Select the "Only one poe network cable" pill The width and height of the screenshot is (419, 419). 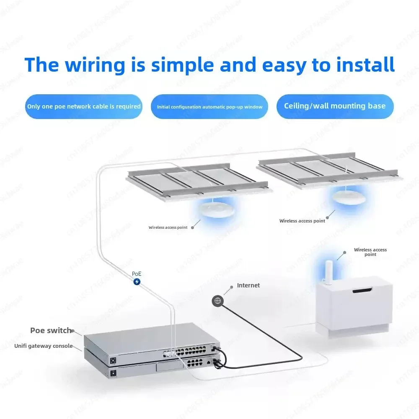(84, 106)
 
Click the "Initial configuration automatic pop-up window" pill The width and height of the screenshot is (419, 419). (209, 107)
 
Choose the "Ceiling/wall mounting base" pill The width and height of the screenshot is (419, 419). (335, 106)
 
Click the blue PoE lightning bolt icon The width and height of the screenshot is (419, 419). (137, 282)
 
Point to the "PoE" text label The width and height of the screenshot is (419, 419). (137, 274)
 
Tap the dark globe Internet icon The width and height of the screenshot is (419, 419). (217, 300)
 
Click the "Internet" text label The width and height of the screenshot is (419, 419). (248, 285)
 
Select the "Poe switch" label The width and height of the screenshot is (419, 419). (51, 331)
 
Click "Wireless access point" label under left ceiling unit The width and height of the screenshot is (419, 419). (168, 228)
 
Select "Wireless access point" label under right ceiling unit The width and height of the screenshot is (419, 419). (302, 221)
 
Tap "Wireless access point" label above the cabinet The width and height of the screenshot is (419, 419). (370, 252)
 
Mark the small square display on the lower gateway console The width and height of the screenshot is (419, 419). (113, 372)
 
